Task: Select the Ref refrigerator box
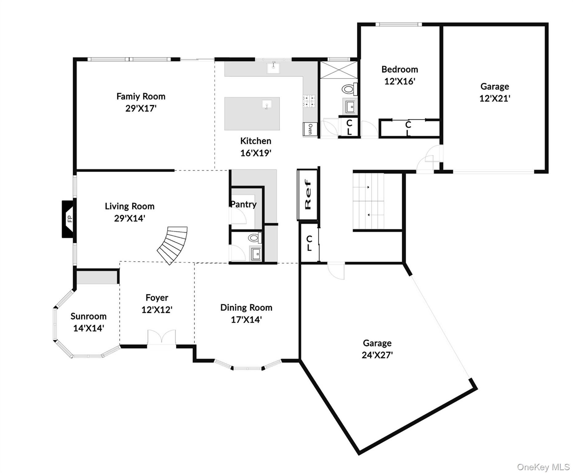pos(307,195)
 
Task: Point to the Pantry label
pos(243,204)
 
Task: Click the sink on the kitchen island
pos(267,105)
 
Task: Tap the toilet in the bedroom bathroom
pos(348,89)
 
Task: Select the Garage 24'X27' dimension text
pos(377,355)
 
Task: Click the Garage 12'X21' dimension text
pos(495,98)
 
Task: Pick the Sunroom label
pos(88,316)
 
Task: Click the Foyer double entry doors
pos(162,337)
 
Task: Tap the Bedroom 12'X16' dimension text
pos(400,81)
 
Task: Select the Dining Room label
pos(246,307)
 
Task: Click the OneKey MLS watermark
pos(543,467)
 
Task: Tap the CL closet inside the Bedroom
pos(408,128)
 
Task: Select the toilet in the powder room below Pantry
pos(254,238)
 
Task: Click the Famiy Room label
pos(141,96)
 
